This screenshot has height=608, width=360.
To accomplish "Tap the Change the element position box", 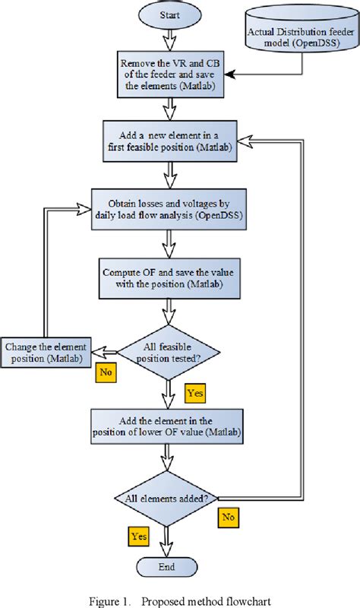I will tap(45, 352).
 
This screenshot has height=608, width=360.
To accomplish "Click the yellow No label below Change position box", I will tap(105, 372).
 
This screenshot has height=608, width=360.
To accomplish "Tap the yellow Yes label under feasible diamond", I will tap(194, 394).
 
